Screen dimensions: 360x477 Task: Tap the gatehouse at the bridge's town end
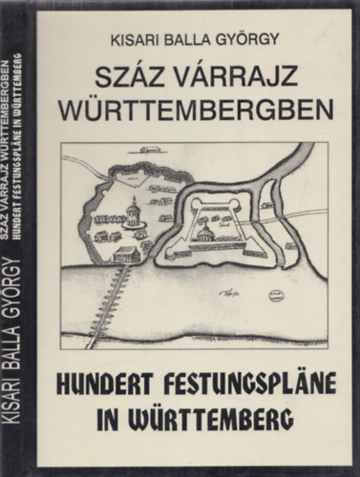[125, 255]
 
